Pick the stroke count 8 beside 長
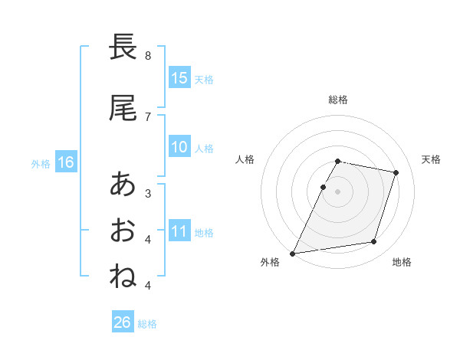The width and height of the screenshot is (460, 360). click(148, 56)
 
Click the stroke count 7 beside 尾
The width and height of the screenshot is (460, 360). click(148, 116)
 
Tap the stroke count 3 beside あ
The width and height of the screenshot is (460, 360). click(148, 193)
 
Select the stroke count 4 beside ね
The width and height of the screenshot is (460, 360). click(148, 286)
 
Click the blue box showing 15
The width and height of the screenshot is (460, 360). click(179, 78)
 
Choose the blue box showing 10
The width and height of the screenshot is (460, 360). click(179, 148)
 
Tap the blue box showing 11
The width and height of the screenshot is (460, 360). click(179, 232)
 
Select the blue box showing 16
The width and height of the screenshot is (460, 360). click(66, 162)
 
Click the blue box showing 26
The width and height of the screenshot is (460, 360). click(123, 322)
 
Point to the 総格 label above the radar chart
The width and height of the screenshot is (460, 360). click(338, 100)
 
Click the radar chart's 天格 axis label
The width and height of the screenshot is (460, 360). click(432, 159)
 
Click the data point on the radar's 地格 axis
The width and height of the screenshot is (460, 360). click(374, 242)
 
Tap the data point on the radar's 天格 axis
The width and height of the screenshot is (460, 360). click(396, 172)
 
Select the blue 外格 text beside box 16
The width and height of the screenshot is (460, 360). click(41, 163)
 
